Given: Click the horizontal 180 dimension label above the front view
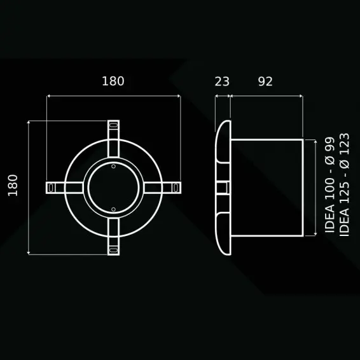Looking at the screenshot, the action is tap(113, 81).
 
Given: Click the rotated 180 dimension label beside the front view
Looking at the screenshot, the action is tap(13, 186).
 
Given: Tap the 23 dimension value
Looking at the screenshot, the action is tap(222, 81).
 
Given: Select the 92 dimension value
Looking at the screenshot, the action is tap(265, 81).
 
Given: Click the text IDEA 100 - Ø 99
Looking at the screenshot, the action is tap(330, 185).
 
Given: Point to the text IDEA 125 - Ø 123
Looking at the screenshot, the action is tap(344, 185).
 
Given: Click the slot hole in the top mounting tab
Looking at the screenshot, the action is tap(113, 125).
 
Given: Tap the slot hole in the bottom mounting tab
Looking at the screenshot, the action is tap(113, 250).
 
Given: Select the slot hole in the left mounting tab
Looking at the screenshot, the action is tap(51, 188).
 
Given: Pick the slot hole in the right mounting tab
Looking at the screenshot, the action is tap(176, 188).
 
